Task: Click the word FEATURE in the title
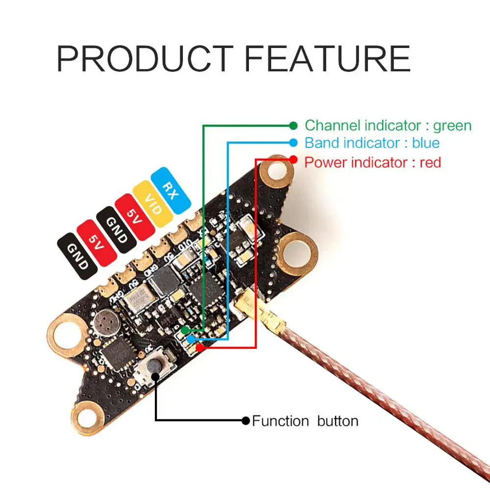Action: coord(327,59)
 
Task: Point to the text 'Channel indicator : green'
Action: coord(388,125)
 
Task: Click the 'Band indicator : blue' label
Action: coord(372,143)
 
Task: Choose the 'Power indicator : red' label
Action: coord(372,162)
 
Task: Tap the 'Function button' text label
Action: coord(305,420)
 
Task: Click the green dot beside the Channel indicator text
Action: coord(294,125)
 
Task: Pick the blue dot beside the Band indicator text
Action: coord(294,143)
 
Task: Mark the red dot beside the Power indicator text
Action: coord(294,159)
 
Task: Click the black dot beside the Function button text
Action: coord(246,420)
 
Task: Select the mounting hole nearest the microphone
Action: coord(64,336)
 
